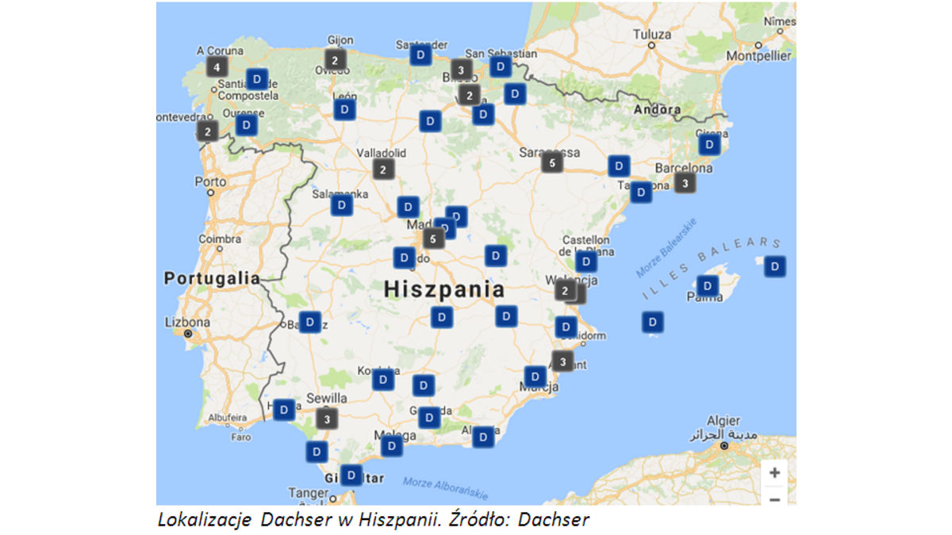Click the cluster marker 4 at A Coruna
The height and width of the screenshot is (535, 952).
pyautogui.click(x=217, y=67)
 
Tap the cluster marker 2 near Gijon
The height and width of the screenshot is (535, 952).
pyautogui.click(x=335, y=59)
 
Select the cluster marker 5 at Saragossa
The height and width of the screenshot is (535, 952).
pyautogui.click(x=552, y=163)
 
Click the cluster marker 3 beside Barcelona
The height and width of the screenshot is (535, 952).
pyautogui.click(x=685, y=183)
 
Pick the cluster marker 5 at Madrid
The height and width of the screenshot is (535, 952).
pyautogui.click(x=433, y=238)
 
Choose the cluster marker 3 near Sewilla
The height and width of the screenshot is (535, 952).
pyautogui.click(x=326, y=418)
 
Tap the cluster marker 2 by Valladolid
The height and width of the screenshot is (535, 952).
pyautogui.click(x=383, y=169)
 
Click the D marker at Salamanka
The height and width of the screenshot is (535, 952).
pyautogui.click(x=342, y=205)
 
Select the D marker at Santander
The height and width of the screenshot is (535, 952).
pyautogui.click(x=420, y=55)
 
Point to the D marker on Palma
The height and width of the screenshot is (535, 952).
pyautogui.click(x=707, y=285)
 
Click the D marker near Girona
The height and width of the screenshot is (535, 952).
pyautogui.click(x=709, y=144)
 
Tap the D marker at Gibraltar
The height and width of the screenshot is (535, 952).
pyautogui.click(x=351, y=475)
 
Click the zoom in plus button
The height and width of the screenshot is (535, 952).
pyautogui.click(x=774, y=473)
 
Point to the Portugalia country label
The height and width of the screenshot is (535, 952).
pyautogui.click(x=212, y=278)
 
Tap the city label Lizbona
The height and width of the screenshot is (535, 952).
pyautogui.click(x=187, y=323)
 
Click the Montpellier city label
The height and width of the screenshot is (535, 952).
pyautogui.click(x=758, y=56)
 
